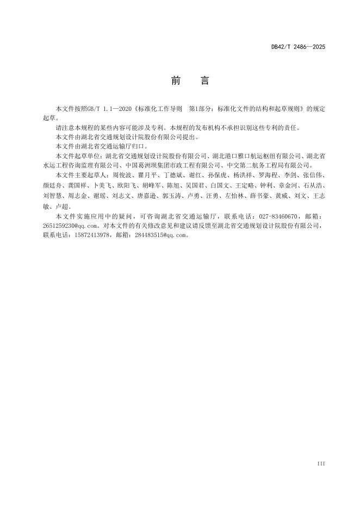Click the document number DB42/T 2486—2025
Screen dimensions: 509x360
pyautogui.click(x=298, y=47)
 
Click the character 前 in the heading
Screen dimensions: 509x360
pyautogui.click(x=176, y=81)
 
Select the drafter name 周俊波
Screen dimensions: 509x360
pyautogui.click(x=120, y=176)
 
